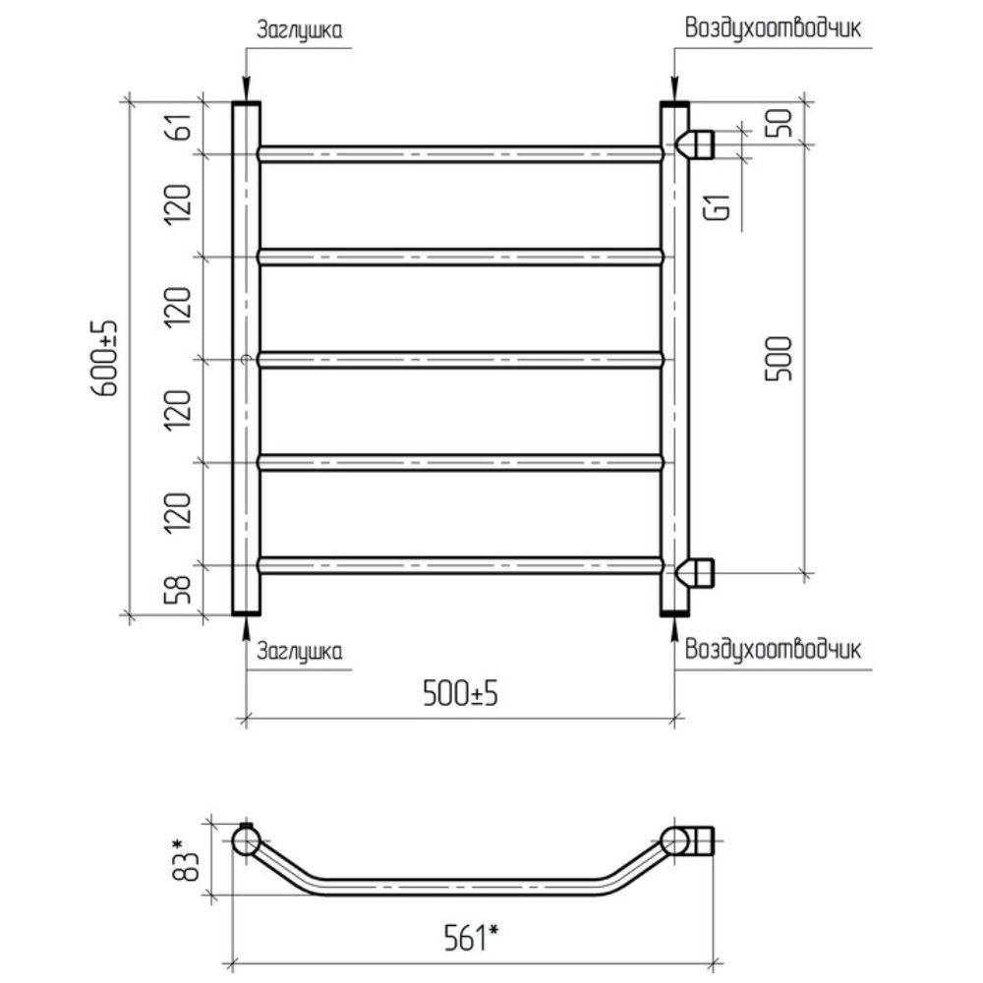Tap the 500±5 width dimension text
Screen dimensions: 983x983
(460, 693)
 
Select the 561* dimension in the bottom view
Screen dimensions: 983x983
(471, 938)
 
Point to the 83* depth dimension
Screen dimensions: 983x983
(186, 857)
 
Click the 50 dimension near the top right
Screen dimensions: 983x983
(781, 123)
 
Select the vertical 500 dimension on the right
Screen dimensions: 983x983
(780, 359)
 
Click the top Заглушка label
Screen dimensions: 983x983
(300, 29)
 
